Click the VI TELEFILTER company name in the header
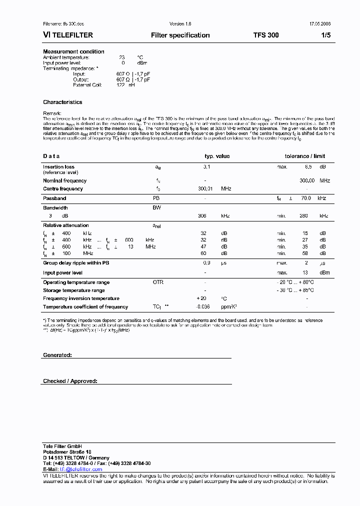pos(68,35)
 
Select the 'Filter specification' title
pos(180,35)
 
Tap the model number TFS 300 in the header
pos(266,35)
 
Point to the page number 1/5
pos(325,35)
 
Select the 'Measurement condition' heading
pos(73,51)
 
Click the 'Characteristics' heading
pos(62,102)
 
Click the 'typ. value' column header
pos(217,156)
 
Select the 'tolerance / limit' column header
pos(305,156)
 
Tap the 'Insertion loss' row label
pos(58,167)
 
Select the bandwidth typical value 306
pos(202,216)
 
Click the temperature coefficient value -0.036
pos(202,307)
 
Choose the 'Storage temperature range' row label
pos(74,290)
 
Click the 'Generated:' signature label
pos(57,354)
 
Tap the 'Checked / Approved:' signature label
pos(70,381)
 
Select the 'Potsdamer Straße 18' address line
pos(67,452)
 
